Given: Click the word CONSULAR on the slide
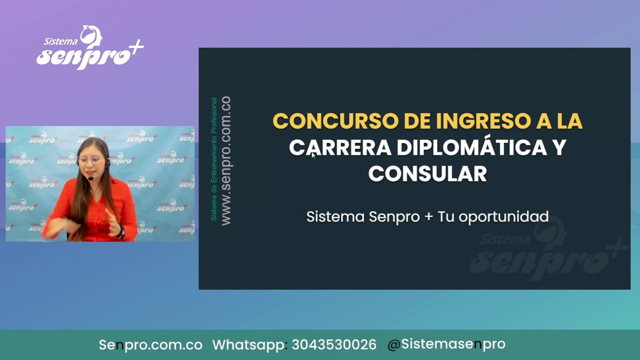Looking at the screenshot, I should [427, 174].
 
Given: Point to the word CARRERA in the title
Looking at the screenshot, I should [339, 148].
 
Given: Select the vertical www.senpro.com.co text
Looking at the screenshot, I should [225, 160].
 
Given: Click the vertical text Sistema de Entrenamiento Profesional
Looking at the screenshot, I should [214, 159].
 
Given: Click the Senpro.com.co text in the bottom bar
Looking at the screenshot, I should [150, 345].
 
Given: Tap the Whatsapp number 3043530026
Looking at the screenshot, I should [334, 345].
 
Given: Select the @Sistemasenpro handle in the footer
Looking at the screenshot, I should [446, 344].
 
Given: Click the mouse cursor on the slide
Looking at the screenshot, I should [313, 155].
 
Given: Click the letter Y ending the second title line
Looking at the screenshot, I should [559, 148].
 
